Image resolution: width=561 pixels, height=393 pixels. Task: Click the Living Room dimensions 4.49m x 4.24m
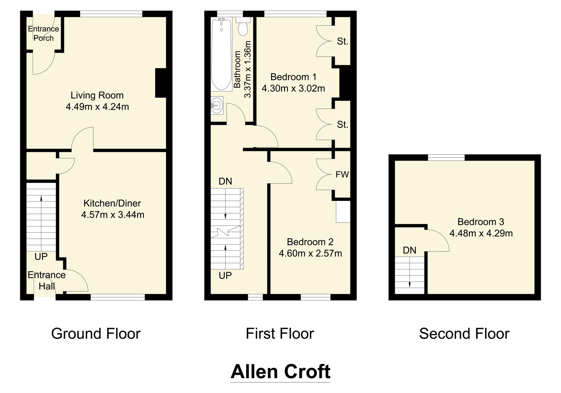[x=97, y=107]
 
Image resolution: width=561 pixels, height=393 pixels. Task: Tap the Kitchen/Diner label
[x=112, y=203]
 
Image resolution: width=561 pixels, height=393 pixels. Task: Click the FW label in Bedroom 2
[x=342, y=175]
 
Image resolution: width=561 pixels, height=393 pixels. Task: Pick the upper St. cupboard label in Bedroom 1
[x=342, y=42]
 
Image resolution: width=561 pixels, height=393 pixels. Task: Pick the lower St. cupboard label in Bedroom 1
[x=342, y=125]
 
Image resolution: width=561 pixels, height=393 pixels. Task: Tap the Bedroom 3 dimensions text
[x=481, y=233]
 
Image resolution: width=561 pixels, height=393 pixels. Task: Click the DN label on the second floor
[x=410, y=250]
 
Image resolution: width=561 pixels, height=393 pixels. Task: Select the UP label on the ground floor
[x=41, y=257]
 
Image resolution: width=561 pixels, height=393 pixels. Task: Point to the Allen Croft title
[x=280, y=372]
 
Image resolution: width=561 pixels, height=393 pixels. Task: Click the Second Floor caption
[x=464, y=334]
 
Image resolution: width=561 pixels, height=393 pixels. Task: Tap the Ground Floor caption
[x=96, y=334]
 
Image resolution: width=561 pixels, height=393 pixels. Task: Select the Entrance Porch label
[x=43, y=33]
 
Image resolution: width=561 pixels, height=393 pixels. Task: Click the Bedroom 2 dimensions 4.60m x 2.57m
[x=310, y=254]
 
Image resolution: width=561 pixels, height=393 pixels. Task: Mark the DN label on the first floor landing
[x=225, y=181]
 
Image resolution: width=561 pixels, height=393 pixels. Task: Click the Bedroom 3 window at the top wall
[x=446, y=157]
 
